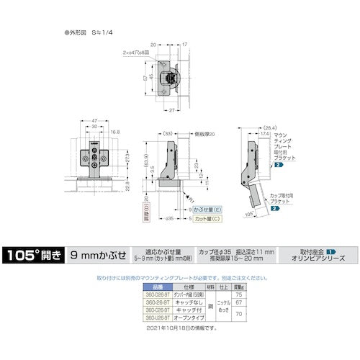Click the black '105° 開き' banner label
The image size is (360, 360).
pyautogui.click(x=33, y=254)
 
